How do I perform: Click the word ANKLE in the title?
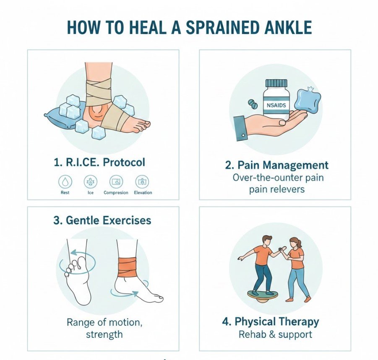(x=288, y=28)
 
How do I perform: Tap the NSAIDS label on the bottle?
(x=276, y=105)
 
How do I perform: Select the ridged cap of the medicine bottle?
(x=276, y=83)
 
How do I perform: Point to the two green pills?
(x=253, y=104)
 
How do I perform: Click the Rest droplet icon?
(x=65, y=182)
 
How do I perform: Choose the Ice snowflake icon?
(x=90, y=182)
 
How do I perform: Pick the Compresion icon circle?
(x=116, y=182)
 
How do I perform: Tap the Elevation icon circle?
(x=142, y=182)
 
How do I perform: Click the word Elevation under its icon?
(x=143, y=193)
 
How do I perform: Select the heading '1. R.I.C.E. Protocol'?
(x=99, y=163)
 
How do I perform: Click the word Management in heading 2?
(x=295, y=166)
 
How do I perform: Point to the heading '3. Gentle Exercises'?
(x=102, y=220)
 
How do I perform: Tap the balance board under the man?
(x=263, y=295)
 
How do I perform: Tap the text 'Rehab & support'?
(x=275, y=335)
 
